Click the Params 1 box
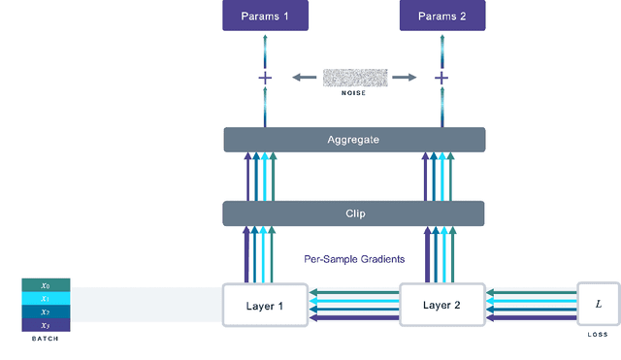(x=265, y=16)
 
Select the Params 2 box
(x=441, y=16)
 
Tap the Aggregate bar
(x=353, y=140)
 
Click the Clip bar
(x=353, y=213)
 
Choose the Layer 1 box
(x=265, y=305)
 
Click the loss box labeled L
(x=598, y=304)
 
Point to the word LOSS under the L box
(x=598, y=335)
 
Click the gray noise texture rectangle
(x=355, y=77)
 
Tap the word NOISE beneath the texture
(x=355, y=94)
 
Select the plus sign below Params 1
(x=265, y=78)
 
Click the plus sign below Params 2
(x=441, y=78)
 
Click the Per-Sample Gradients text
(x=353, y=260)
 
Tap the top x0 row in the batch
(x=46, y=285)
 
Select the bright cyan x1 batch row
(x=46, y=299)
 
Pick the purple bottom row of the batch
(x=46, y=325)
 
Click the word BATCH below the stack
(x=46, y=340)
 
